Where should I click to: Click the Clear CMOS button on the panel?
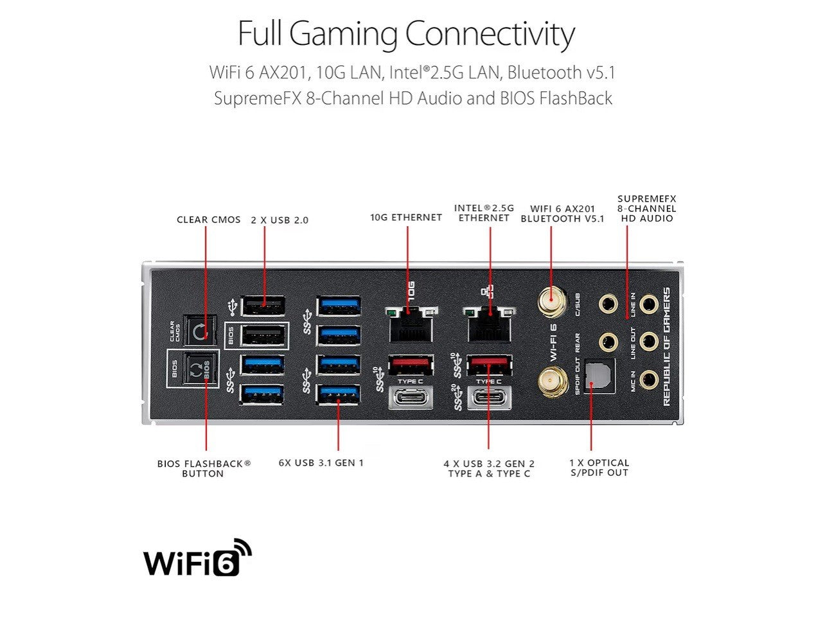(x=199, y=331)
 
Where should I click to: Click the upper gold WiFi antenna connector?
(x=552, y=302)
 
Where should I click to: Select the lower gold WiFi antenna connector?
(x=552, y=383)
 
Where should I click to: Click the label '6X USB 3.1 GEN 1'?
(x=321, y=462)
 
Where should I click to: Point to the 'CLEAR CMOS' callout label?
(x=209, y=220)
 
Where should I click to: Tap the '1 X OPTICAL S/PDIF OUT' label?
(x=599, y=468)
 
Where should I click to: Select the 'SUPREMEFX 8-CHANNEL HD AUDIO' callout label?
(x=646, y=209)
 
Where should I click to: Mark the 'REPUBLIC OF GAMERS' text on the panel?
(x=666, y=346)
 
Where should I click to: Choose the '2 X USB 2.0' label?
(x=279, y=220)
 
